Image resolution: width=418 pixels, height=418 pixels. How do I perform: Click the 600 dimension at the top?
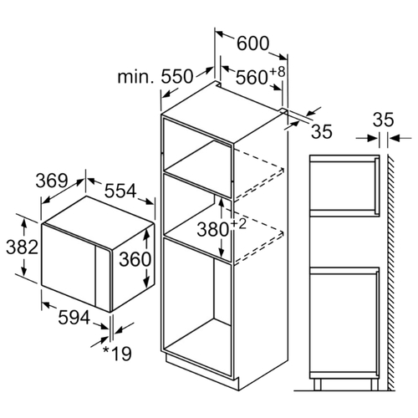point(253,43)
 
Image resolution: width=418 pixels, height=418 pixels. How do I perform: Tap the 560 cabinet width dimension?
point(252,77)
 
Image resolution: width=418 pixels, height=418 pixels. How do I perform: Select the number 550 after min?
point(177,76)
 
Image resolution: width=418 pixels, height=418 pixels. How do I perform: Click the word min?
point(135,77)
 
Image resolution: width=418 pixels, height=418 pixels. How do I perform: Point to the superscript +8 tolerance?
point(278,72)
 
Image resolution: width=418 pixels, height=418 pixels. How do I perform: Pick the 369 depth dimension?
point(52,181)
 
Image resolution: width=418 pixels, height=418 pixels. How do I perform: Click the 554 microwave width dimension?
point(120,191)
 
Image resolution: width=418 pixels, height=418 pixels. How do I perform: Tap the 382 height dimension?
point(22,247)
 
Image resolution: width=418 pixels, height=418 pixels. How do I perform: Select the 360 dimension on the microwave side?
point(135,259)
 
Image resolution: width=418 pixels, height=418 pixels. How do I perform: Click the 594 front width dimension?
point(74,318)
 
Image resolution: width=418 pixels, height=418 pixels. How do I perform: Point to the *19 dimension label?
point(117,354)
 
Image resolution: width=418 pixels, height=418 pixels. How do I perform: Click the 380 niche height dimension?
point(213,230)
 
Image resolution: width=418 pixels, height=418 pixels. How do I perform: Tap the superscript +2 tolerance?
point(238,224)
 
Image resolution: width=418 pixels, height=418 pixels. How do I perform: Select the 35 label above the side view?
point(384,120)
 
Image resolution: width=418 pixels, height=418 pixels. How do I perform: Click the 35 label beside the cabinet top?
point(322,131)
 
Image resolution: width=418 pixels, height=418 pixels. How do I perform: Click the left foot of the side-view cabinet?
point(318,385)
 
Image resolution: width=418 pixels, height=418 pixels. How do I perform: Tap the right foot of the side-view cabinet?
point(375,385)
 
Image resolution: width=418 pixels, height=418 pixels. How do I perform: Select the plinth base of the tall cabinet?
point(202,370)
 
